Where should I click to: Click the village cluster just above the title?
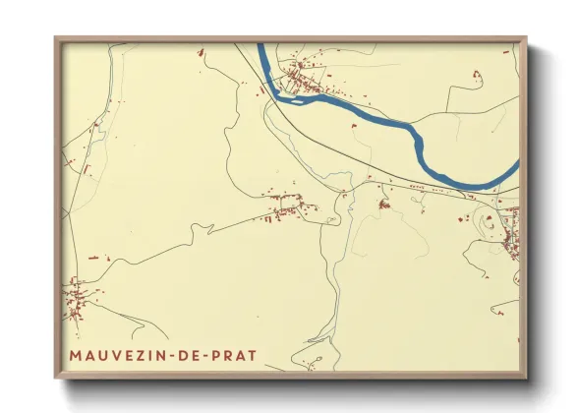77,300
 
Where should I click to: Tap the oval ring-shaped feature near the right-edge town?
490,223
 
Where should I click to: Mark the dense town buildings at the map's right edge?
511,236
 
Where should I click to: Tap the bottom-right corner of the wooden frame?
527,379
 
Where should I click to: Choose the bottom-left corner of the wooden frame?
56,379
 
